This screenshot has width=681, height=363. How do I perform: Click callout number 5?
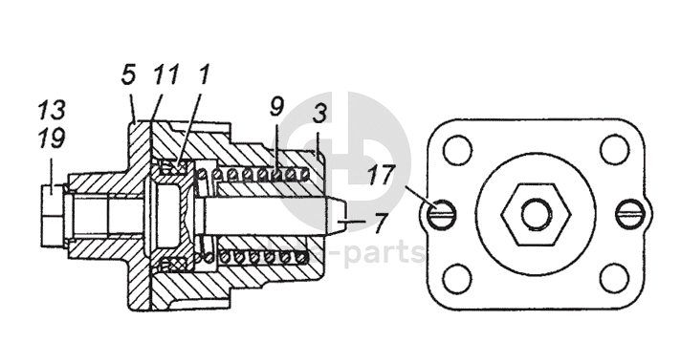pos(128,75)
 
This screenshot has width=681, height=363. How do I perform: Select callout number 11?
pos(165,75)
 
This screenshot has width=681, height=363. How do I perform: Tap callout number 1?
pos(204,75)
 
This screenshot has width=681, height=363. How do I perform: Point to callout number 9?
pos(276,107)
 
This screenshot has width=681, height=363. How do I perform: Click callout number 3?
pos(319,113)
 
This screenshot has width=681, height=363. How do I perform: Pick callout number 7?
pos(381,223)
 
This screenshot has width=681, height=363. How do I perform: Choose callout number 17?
pos(381,175)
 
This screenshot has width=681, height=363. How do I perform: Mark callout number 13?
pos(52,109)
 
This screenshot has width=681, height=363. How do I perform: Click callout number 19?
pos(52,139)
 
